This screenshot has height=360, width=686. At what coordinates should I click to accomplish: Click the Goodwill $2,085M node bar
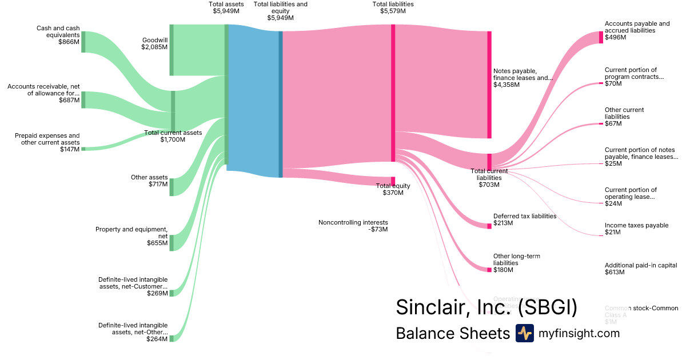click(171, 50)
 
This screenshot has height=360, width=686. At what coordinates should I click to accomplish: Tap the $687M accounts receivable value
click(69, 101)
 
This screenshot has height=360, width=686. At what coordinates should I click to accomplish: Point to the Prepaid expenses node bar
click(83, 149)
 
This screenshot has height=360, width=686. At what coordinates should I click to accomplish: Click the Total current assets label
click(173, 133)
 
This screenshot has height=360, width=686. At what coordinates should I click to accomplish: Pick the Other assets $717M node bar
click(171, 187)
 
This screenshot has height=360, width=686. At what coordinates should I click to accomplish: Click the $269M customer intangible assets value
click(157, 293)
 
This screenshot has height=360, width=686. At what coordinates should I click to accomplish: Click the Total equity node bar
click(393, 181)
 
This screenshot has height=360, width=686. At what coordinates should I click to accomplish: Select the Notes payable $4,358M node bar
click(489, 85)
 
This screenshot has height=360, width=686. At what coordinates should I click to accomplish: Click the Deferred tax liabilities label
click(524, 216)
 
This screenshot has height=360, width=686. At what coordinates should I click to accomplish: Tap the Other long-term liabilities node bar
click(489, 270)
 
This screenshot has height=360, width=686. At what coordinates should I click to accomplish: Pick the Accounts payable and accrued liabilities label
click(637, 27)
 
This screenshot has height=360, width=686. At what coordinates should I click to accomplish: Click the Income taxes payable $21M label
click(636, 225)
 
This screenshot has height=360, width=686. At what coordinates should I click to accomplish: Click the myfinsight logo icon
click(524, 333)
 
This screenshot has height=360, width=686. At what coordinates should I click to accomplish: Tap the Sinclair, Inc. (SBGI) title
click(486, 307)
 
